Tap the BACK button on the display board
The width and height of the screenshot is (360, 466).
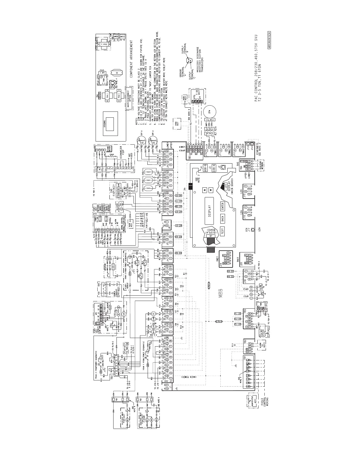tap(222, 219)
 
